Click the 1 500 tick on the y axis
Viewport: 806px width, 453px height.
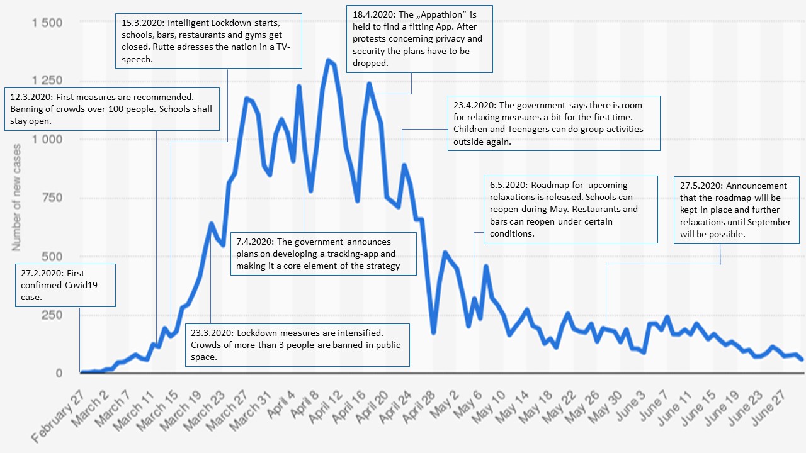pyautogui.click(x=47, y=23)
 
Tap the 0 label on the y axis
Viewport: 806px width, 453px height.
pyautogui.click(x=59, y=372)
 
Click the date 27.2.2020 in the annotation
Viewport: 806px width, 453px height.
pyautogui.click(x=39, y=274)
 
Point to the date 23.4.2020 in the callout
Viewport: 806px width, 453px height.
pyautogui.click(x=474, y=105)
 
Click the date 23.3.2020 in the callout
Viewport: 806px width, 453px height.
pyautogui.click(x=212, y=333)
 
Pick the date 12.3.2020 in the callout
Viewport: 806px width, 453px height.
pyautogui.click(x=31, y=98)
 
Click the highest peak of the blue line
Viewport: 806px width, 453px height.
pyautogui.click(x=329, y=60)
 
